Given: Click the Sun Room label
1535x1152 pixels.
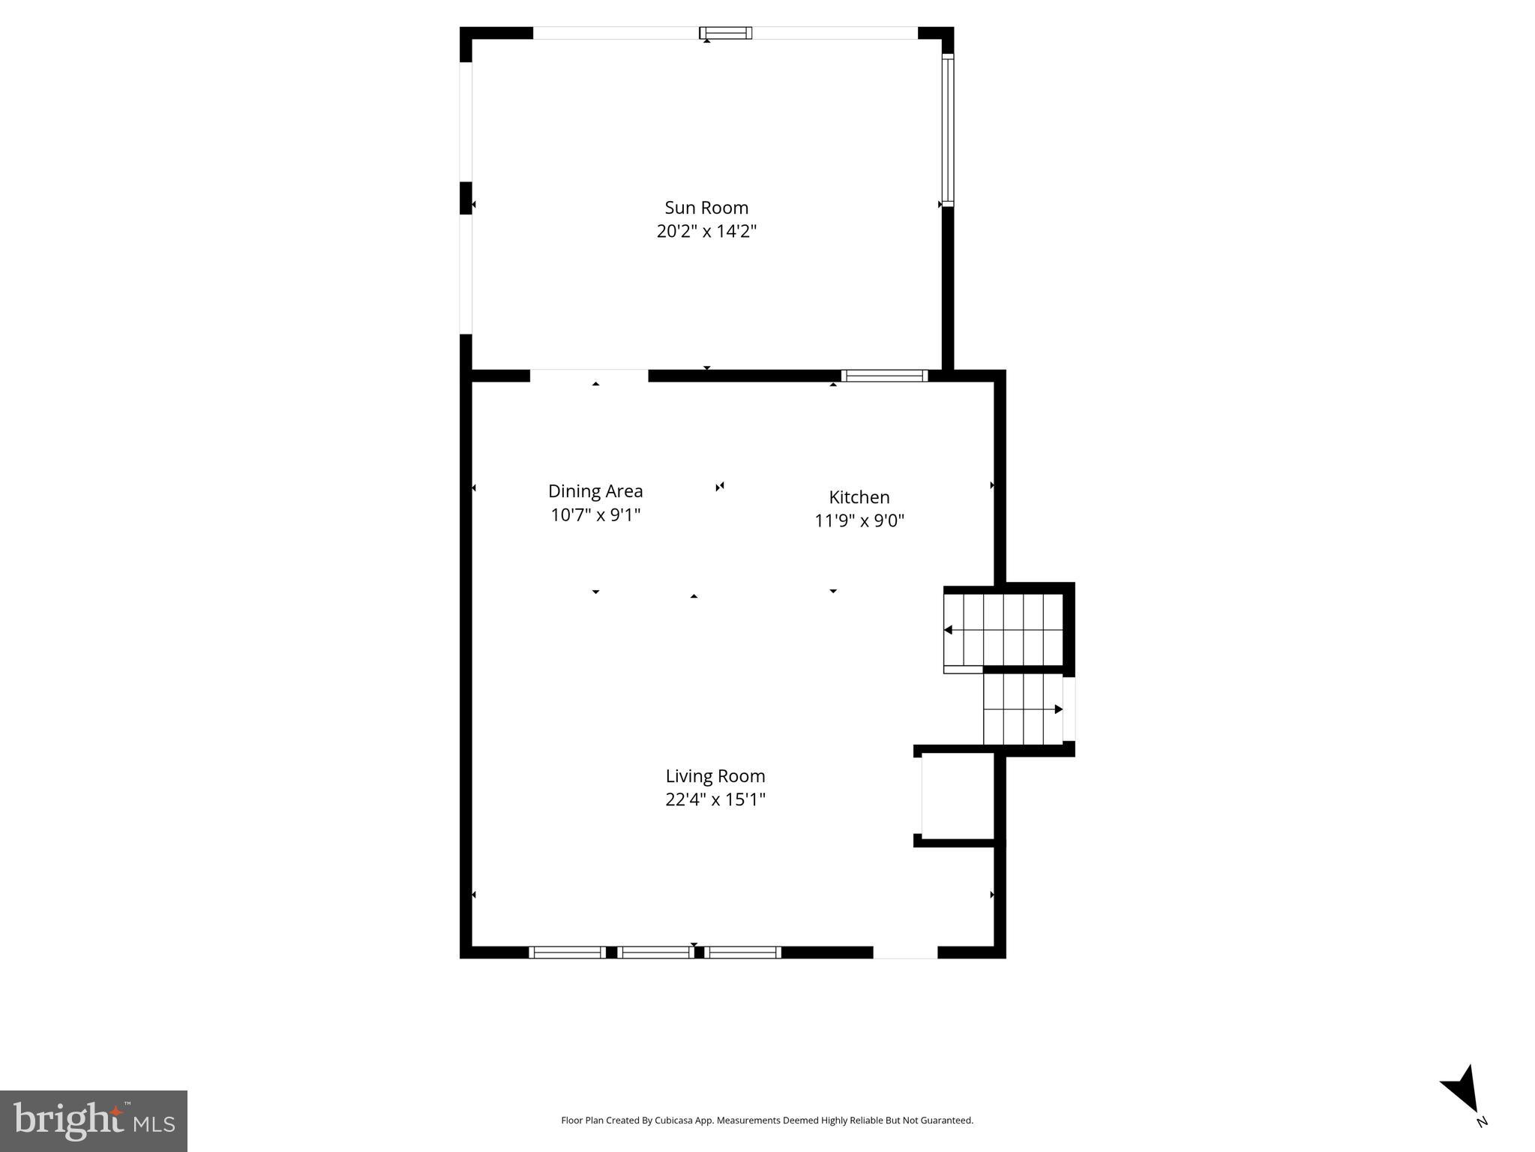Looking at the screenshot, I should pos(706,208).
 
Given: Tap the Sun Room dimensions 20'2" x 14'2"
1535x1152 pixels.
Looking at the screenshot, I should pos(706,231).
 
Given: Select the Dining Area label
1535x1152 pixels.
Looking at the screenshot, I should pos(595,491).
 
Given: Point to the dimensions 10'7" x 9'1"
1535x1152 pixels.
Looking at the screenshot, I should pos(595,515).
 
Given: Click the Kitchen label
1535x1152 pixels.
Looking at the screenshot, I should pos(859,497).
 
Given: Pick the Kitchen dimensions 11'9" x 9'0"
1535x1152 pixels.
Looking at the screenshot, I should pos(859,520).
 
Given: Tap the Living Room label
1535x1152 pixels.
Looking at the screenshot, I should pos(715,776).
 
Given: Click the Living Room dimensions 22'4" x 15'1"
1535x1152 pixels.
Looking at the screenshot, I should pos(715,799).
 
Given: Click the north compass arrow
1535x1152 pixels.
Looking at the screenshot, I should pos(1463,1091).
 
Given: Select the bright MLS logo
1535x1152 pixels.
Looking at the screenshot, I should pos(94,1121).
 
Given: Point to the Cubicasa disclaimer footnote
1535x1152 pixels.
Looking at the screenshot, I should pos(767,1120).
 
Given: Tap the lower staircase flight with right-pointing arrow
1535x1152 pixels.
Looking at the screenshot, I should pos(1023,709).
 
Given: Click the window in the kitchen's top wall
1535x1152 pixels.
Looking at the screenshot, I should pos(884,376).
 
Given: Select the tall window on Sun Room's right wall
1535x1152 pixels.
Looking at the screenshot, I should pos(948,130).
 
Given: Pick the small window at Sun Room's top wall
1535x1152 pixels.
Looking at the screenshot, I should pos(725,33).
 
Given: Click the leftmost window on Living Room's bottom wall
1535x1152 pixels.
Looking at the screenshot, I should pos(567,952).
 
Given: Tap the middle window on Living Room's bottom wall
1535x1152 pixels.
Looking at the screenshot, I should pos(655,952).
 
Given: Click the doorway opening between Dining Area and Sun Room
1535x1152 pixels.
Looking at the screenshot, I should pos(589,376).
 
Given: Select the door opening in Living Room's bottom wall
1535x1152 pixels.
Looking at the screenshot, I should pos(905,952).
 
